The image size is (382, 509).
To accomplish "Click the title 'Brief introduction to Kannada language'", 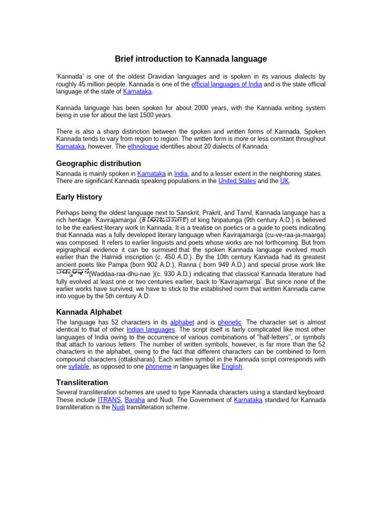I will coord(191,59).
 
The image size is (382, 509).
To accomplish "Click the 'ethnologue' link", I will coord(143,147).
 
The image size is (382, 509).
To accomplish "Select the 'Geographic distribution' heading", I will coord(98,164).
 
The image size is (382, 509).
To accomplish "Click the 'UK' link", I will coord(285,181).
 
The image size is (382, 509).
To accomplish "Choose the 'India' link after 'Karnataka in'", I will coord(181,173).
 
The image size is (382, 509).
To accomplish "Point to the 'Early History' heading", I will coord(79,197).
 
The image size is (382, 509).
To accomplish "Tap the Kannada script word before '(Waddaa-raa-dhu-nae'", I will coord(73,273).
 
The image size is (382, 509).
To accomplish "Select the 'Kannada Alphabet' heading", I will coord(89,312).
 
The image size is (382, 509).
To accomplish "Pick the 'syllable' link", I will coord(79,366).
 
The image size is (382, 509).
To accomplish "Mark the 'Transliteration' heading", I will coord(82,383).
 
